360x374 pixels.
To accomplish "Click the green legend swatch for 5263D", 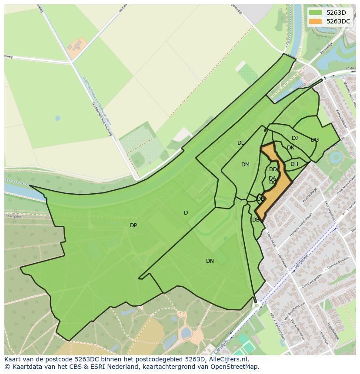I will pyautogui.click(x=315, y=13).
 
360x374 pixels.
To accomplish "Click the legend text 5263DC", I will pyautogui.click(x=338, y=21).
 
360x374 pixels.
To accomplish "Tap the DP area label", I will pyautogui.click(x=133, y=225).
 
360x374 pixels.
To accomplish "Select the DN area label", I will pyautogui.click(x=210, y=261).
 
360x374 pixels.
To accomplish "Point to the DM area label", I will pyautogui.click(x=245, y=165).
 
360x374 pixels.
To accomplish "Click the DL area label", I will pyautogui.click(x=240, y=143).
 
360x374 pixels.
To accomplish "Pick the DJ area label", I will pyautogui.click(x=295, y=138).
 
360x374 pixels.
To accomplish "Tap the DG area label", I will pyautogui.click(x=315, y=140).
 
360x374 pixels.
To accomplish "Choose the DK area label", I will pyautogui.click(x=290, y=148).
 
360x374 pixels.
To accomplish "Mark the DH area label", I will pyautogui.click(x=294, y=164).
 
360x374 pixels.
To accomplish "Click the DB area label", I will pyautogui.click(x=256, y=220).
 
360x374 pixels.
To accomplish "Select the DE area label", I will pyautogui.click(x=260, y=199).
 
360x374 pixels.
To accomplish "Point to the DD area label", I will pyautogui.click(x=273, y=169).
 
